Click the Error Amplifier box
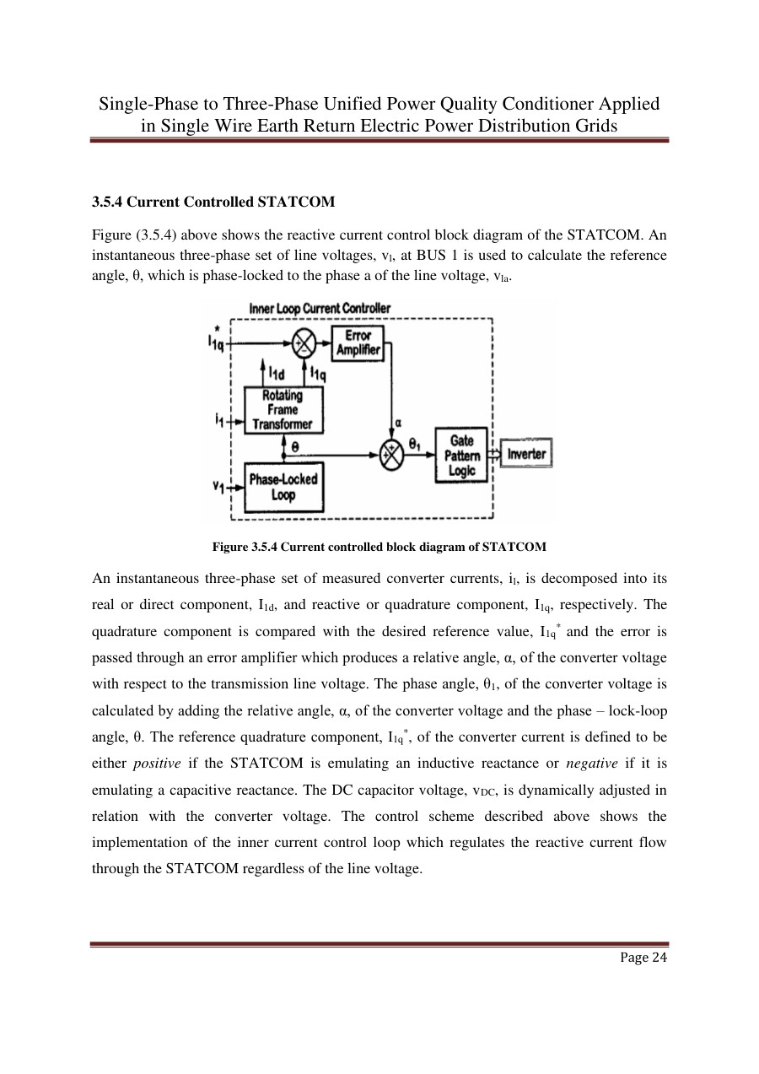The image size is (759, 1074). (x=358, y=343)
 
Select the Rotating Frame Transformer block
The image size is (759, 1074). (x=283, y=410)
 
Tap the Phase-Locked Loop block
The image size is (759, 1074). (x=283, y=487)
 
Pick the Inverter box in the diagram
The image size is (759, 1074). (x=525, y=454)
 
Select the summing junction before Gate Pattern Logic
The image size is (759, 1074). (x=391, y=454)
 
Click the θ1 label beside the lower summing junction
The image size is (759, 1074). (x=416, y=442)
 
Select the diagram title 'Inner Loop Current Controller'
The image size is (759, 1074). (x=320, y=308)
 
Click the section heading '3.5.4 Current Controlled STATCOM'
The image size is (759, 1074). (x=213, y=202)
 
